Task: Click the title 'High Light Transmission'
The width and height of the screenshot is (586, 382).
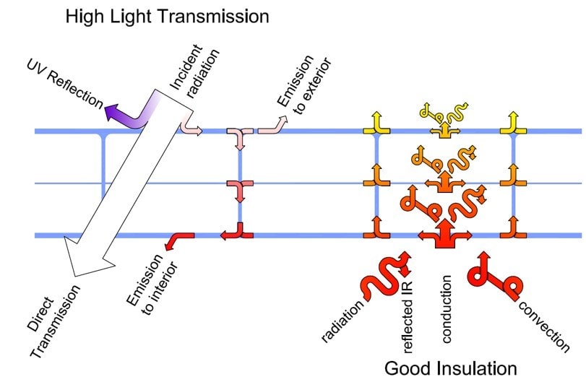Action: pyautogui.click(x=167, y=15)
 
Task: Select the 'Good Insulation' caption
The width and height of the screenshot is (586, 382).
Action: pyautogui.click(x=450, y=368)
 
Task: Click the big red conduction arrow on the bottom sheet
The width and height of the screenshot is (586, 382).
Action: pyautogui.click(x=442, y=234)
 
